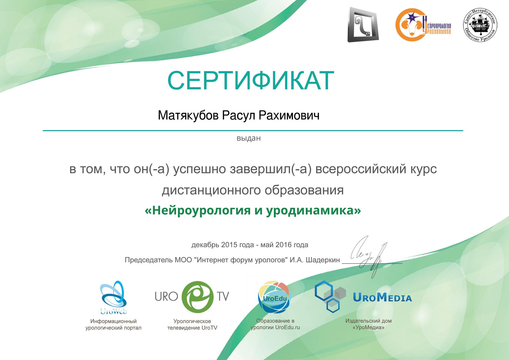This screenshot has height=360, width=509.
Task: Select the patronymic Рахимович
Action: click(x=289, y=115)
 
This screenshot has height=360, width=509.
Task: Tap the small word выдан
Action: click(x=249, y=138)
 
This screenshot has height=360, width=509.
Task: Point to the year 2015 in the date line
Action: click(x=229, y=245)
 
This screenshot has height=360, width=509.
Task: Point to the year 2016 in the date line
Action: click(x=284, y=245)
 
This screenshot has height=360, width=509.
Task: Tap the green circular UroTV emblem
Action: click(x=198, y=297)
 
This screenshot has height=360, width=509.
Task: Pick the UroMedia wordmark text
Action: click(x=382, y=297)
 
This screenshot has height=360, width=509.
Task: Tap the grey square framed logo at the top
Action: click(x=363, y=24)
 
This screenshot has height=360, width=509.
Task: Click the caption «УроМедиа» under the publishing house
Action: click(x=368, y=328)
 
